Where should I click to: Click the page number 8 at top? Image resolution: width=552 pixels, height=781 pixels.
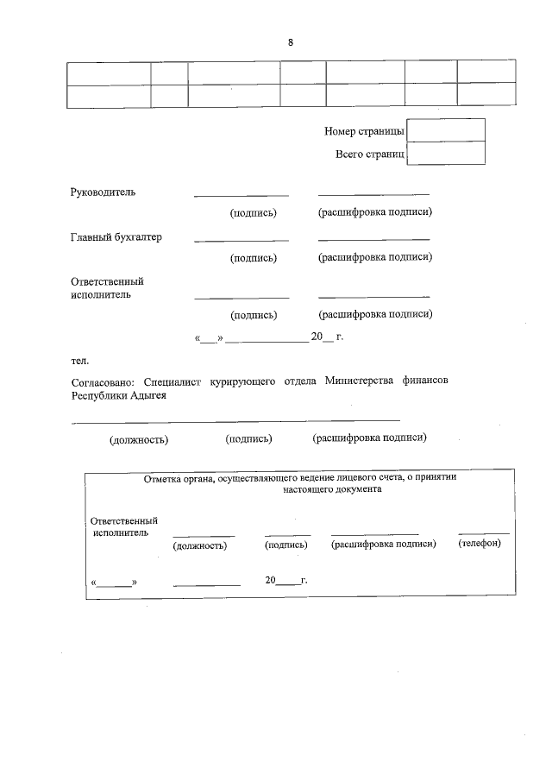(291, 42)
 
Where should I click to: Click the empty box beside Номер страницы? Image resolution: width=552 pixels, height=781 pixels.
(445, 130)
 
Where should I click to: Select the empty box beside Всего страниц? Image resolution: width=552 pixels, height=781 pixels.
(445, 154)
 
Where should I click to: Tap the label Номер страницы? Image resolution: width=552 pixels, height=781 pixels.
(364, 131)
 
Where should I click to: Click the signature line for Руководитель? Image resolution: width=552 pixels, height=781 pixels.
(241, 195)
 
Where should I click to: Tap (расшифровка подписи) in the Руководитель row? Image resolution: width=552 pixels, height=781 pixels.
(374, 211)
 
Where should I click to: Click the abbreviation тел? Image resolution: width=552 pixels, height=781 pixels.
(79, 359)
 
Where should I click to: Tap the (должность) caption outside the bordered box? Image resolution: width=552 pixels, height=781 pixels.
(138, 440)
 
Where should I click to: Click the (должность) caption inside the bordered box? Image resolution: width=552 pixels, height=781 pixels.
(200, 545)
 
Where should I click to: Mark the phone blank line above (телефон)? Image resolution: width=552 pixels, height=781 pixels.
(483, 533)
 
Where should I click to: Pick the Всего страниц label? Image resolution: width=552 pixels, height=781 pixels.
(369, 154)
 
